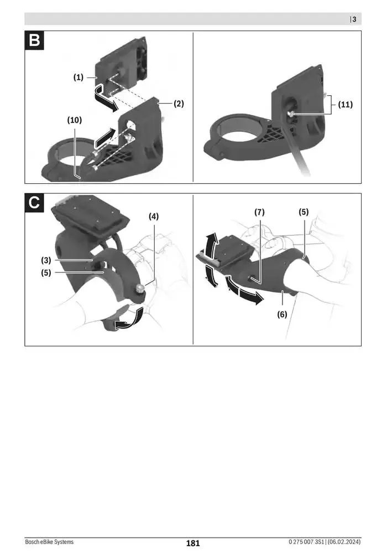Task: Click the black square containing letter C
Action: (34, 203)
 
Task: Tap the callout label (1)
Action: (79, 78)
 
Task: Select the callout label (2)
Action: (178, 104)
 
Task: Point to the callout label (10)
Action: (74, 120)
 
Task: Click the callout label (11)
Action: (346, 104)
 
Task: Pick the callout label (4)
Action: (153, 216)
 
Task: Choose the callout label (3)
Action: (46, 260)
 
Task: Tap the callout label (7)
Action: (260, 212)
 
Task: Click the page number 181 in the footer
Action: (192, 543)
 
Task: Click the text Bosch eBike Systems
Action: (49, 543)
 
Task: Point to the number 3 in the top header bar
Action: (354, 19)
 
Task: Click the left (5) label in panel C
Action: (46, 272)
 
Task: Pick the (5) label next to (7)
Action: (304, 212)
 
